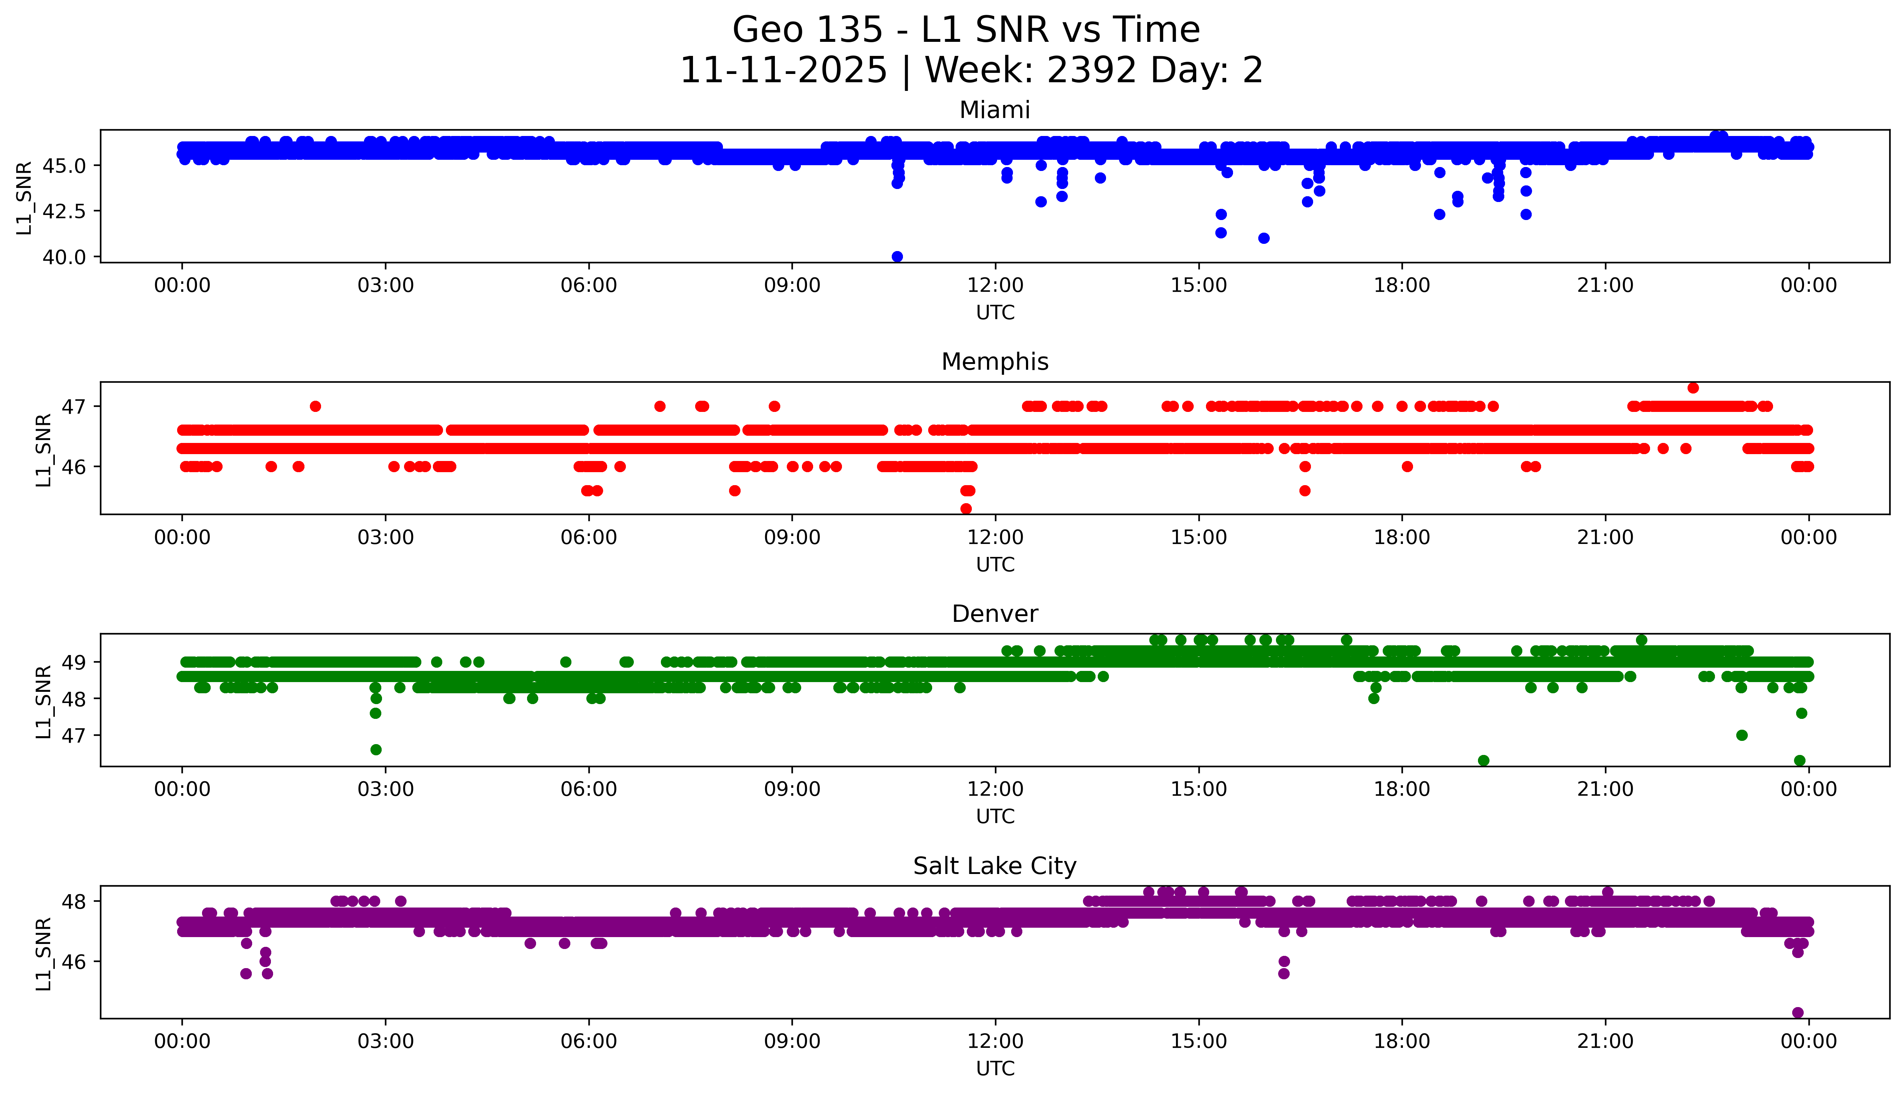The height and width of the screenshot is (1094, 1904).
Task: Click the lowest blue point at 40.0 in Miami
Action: tap(897, 256)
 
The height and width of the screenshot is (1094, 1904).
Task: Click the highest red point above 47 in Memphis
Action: tap(1693, 388)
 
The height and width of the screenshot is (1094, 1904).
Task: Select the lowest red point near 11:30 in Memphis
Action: tap(966, 509)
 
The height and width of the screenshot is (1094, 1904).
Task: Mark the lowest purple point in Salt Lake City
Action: tap(1798, 1012)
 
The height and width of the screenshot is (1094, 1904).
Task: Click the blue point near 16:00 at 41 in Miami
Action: tap(1264, 238)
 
